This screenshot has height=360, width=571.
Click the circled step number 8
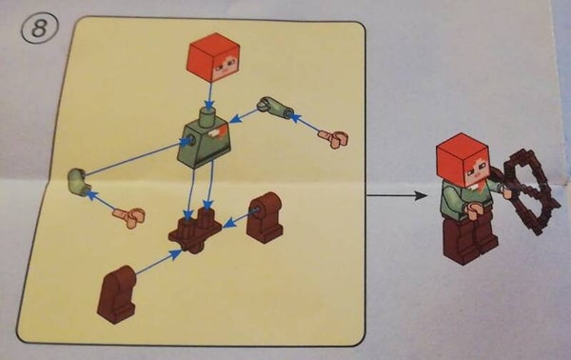point(39,28)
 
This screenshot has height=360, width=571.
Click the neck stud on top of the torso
point(208,116)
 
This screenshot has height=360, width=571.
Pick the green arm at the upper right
point(274,108)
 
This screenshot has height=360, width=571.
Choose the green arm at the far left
point(78,181)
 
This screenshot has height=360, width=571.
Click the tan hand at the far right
point(334,139)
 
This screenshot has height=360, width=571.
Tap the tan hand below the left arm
point(130,217)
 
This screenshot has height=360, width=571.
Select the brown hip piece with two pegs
point(194,230)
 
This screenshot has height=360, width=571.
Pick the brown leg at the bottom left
point(117,295)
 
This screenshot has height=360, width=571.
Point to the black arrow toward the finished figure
point(397,195)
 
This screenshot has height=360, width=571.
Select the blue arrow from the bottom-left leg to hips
point(158,262)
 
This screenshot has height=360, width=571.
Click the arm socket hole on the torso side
point(189,140)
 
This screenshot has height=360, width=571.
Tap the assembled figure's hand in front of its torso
point(473,211)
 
